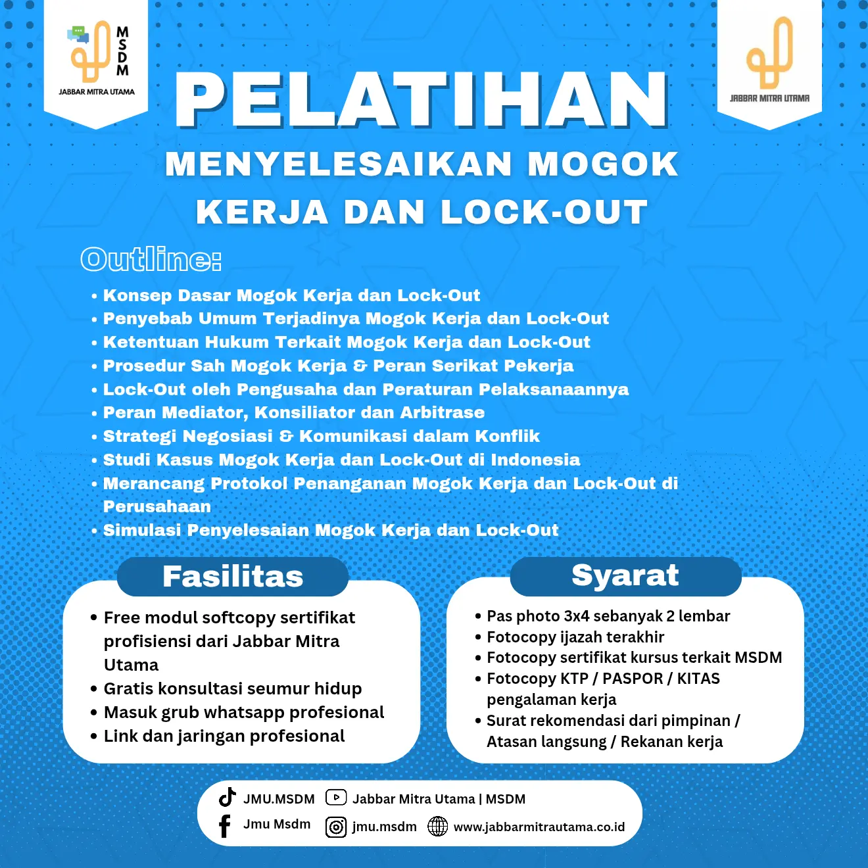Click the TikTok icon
point(227,797)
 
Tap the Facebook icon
point(225,826)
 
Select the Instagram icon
point(336,827)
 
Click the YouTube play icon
point(336,798)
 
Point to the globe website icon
point(437,827)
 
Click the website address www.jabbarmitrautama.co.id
point(539,827)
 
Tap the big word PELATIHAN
point(422,100)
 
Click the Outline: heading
point(151,259)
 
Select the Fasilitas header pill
point(233,577)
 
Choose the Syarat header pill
point(625,575)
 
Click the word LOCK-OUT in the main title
point(544,212)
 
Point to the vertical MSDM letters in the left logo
point(122,51)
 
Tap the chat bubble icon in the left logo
point(78,34)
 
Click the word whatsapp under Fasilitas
point(239,712)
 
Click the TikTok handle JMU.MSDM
point(279,799)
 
